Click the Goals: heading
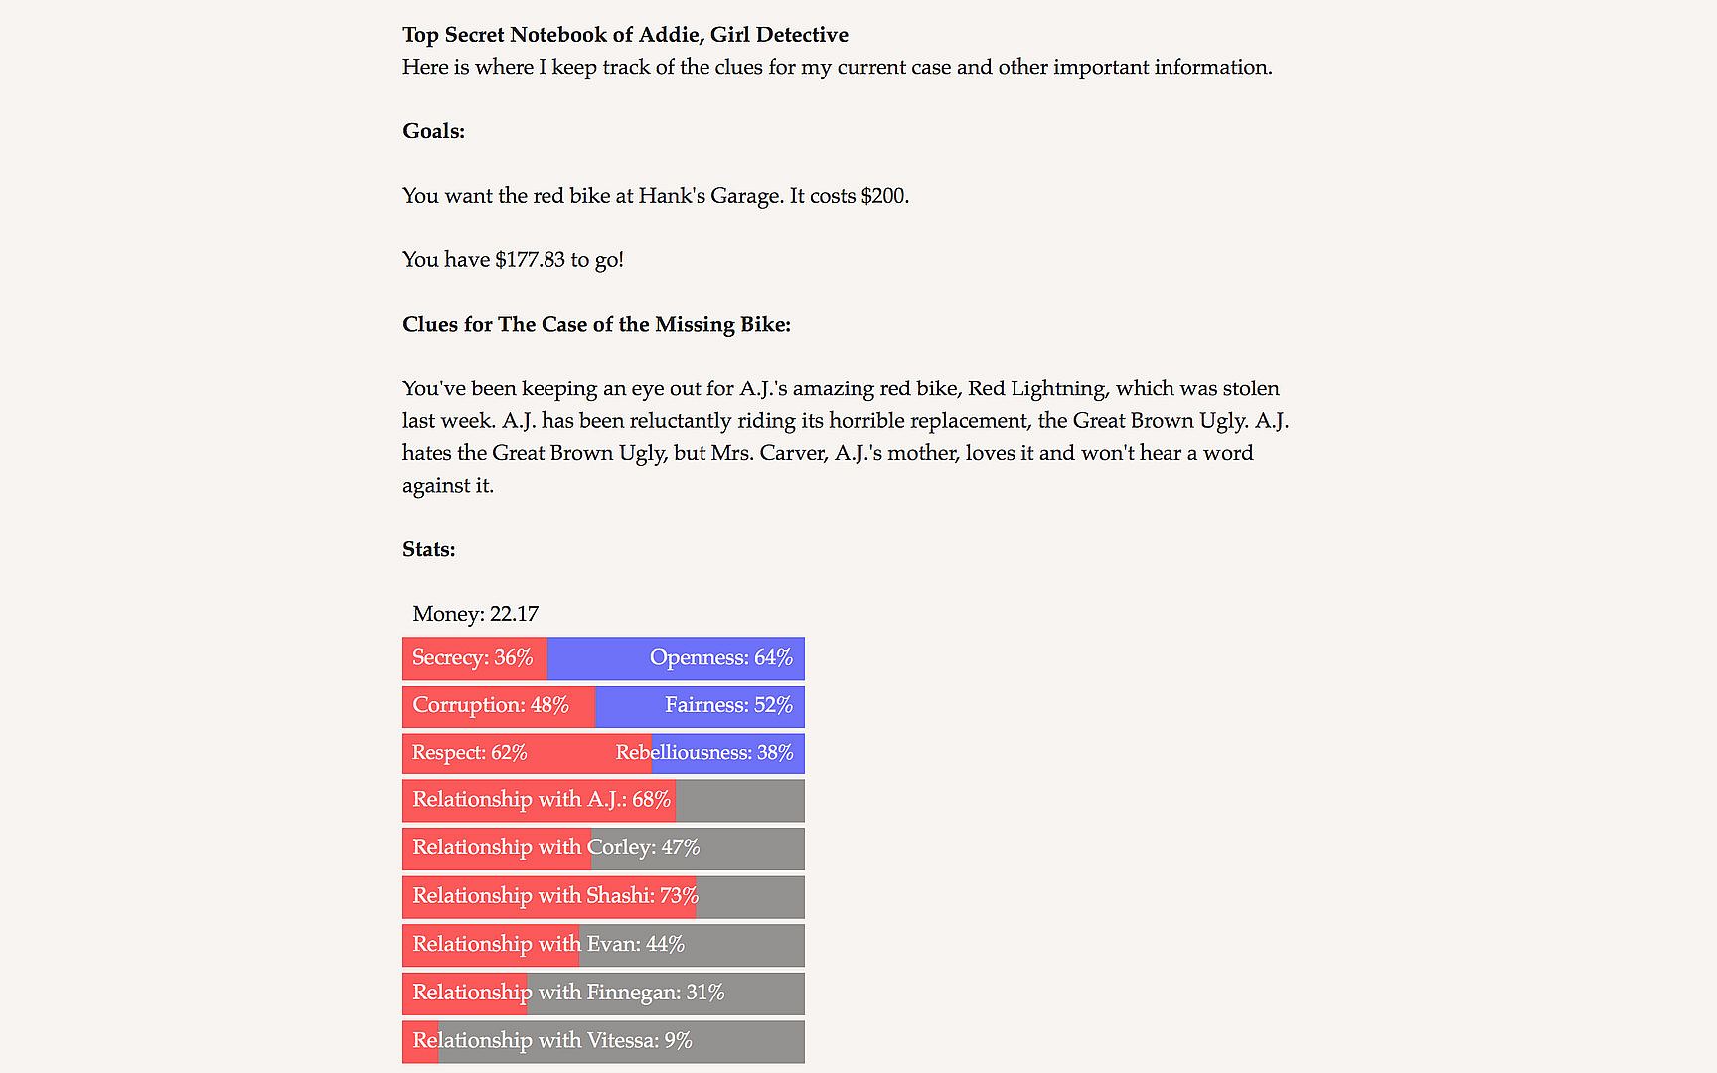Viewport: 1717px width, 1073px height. pyautogui.click(x=433, y=131)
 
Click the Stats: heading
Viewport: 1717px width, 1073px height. pyautogui.click(x=428, y=549)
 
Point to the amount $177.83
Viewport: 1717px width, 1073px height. pyautogui.click(x=530, y=260)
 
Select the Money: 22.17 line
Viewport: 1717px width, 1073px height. pyautogui.click(x=475, y=614)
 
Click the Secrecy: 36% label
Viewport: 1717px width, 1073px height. pyautogui.click(x=472, y=658)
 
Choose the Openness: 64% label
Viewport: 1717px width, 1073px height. pyautogui.click(x=720, y=658)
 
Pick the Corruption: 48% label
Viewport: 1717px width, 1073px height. pyautogui.click(x=490, y=705)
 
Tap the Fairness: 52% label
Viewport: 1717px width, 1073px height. pyautogui.click(x=728, y=705)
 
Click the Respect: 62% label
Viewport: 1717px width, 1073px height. pyautogui.click(x=469, y=753)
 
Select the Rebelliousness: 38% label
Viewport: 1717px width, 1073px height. pyautogui.click(x=703, y=753)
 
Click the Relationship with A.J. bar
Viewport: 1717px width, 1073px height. pyautogui.click(x=603, y=801)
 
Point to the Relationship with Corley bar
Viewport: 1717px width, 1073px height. pyautogui.click(x=603, y=848)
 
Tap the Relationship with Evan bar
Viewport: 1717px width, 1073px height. pyautogui.click(x=603, y=945)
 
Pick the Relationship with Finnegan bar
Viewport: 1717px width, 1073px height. pyautogui.click(x=603, y=994)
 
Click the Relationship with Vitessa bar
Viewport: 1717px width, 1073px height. pyautogui.click(x=603, y=1041)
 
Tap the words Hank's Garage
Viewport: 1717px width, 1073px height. pyautogui.click(x=708, y=196)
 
